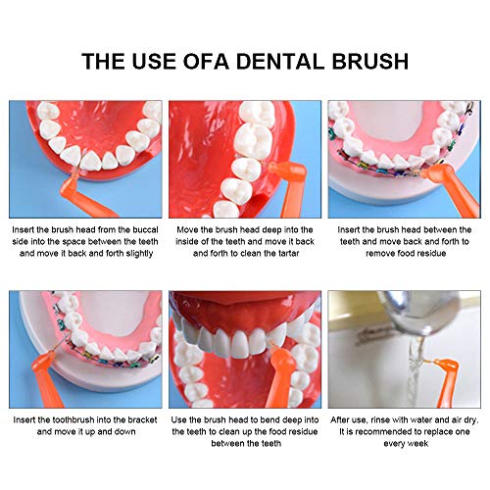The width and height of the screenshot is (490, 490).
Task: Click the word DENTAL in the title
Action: coord(280,61)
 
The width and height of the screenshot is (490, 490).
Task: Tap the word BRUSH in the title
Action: coord(370,61)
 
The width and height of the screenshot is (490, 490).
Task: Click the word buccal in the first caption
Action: coord(145,230)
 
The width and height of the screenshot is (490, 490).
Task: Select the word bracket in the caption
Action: coord(142,419)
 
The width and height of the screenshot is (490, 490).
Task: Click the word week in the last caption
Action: coord(418,444)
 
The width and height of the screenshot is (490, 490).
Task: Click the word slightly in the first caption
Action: coord(139,254)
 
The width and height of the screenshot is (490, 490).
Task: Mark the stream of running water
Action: coord(416,372)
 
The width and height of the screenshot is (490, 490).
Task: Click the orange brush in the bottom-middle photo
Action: coord(281,375)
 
